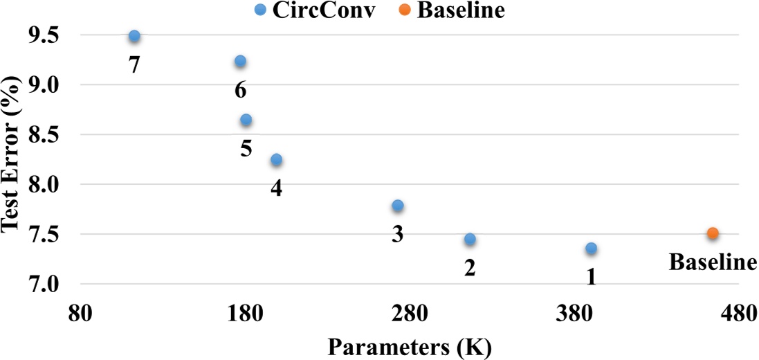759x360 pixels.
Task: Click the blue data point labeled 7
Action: click(x=134, y=36)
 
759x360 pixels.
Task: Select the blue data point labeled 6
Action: click(x=240, y=61)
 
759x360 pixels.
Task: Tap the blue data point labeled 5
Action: click(x=246, y=120)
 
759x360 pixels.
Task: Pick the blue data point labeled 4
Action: click(x=276, y=160)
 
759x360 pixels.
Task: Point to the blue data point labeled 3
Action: click(x=397, y=206)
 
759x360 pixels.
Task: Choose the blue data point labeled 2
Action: click(x=470, y=239)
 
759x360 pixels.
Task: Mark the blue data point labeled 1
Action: click(x=591, y=248)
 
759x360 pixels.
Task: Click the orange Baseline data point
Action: click(x=713, y=233)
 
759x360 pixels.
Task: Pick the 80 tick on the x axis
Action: click(x=82, y=313)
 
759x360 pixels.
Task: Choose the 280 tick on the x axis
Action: click(x=409, y=313)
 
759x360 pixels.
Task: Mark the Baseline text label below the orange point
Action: click(x=713, y=262)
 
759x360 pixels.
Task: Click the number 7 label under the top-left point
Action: click(x=134, y=65)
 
